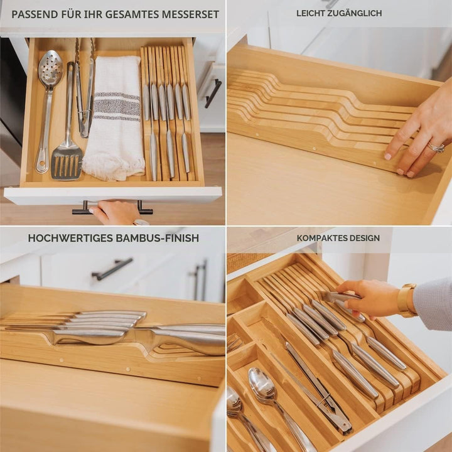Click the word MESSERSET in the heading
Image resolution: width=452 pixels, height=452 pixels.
(x=190, y=14)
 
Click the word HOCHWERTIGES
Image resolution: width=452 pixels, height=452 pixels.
(x=70, y=238)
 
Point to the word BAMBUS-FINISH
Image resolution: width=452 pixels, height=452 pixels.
(x=158, y=238)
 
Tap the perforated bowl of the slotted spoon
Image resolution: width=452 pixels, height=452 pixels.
(x=50, y=67)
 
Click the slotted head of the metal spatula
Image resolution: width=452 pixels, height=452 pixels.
(x=67, y=163)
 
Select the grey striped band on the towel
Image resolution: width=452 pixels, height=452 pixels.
(x=117, y=106)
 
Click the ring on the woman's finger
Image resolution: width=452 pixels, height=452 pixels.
(x=436, y=148)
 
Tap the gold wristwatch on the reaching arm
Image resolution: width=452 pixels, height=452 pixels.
(x=406, y=300)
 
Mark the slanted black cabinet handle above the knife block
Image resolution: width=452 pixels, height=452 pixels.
(x=112, y=269)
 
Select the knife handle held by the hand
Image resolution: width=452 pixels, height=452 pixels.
(x=340, y=297)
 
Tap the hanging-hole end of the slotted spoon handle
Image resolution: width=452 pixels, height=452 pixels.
(x=42, y=164)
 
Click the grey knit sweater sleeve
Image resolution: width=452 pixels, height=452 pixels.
(x=433, y=304)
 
